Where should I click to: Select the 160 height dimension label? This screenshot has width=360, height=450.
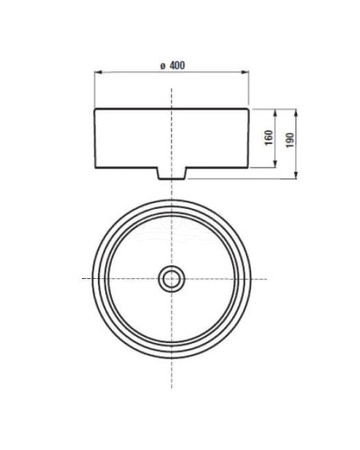click(268, 138)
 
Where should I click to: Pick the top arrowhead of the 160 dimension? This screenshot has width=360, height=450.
click(275, 112)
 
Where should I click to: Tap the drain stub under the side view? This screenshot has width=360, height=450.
click(171, 171)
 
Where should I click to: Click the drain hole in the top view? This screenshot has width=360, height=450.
click(171, 278)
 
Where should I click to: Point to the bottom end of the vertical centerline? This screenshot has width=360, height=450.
click(171, 364)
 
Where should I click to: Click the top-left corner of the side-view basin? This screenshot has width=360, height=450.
click(95, 109)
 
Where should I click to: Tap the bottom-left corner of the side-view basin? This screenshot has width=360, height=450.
click(95, 166)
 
